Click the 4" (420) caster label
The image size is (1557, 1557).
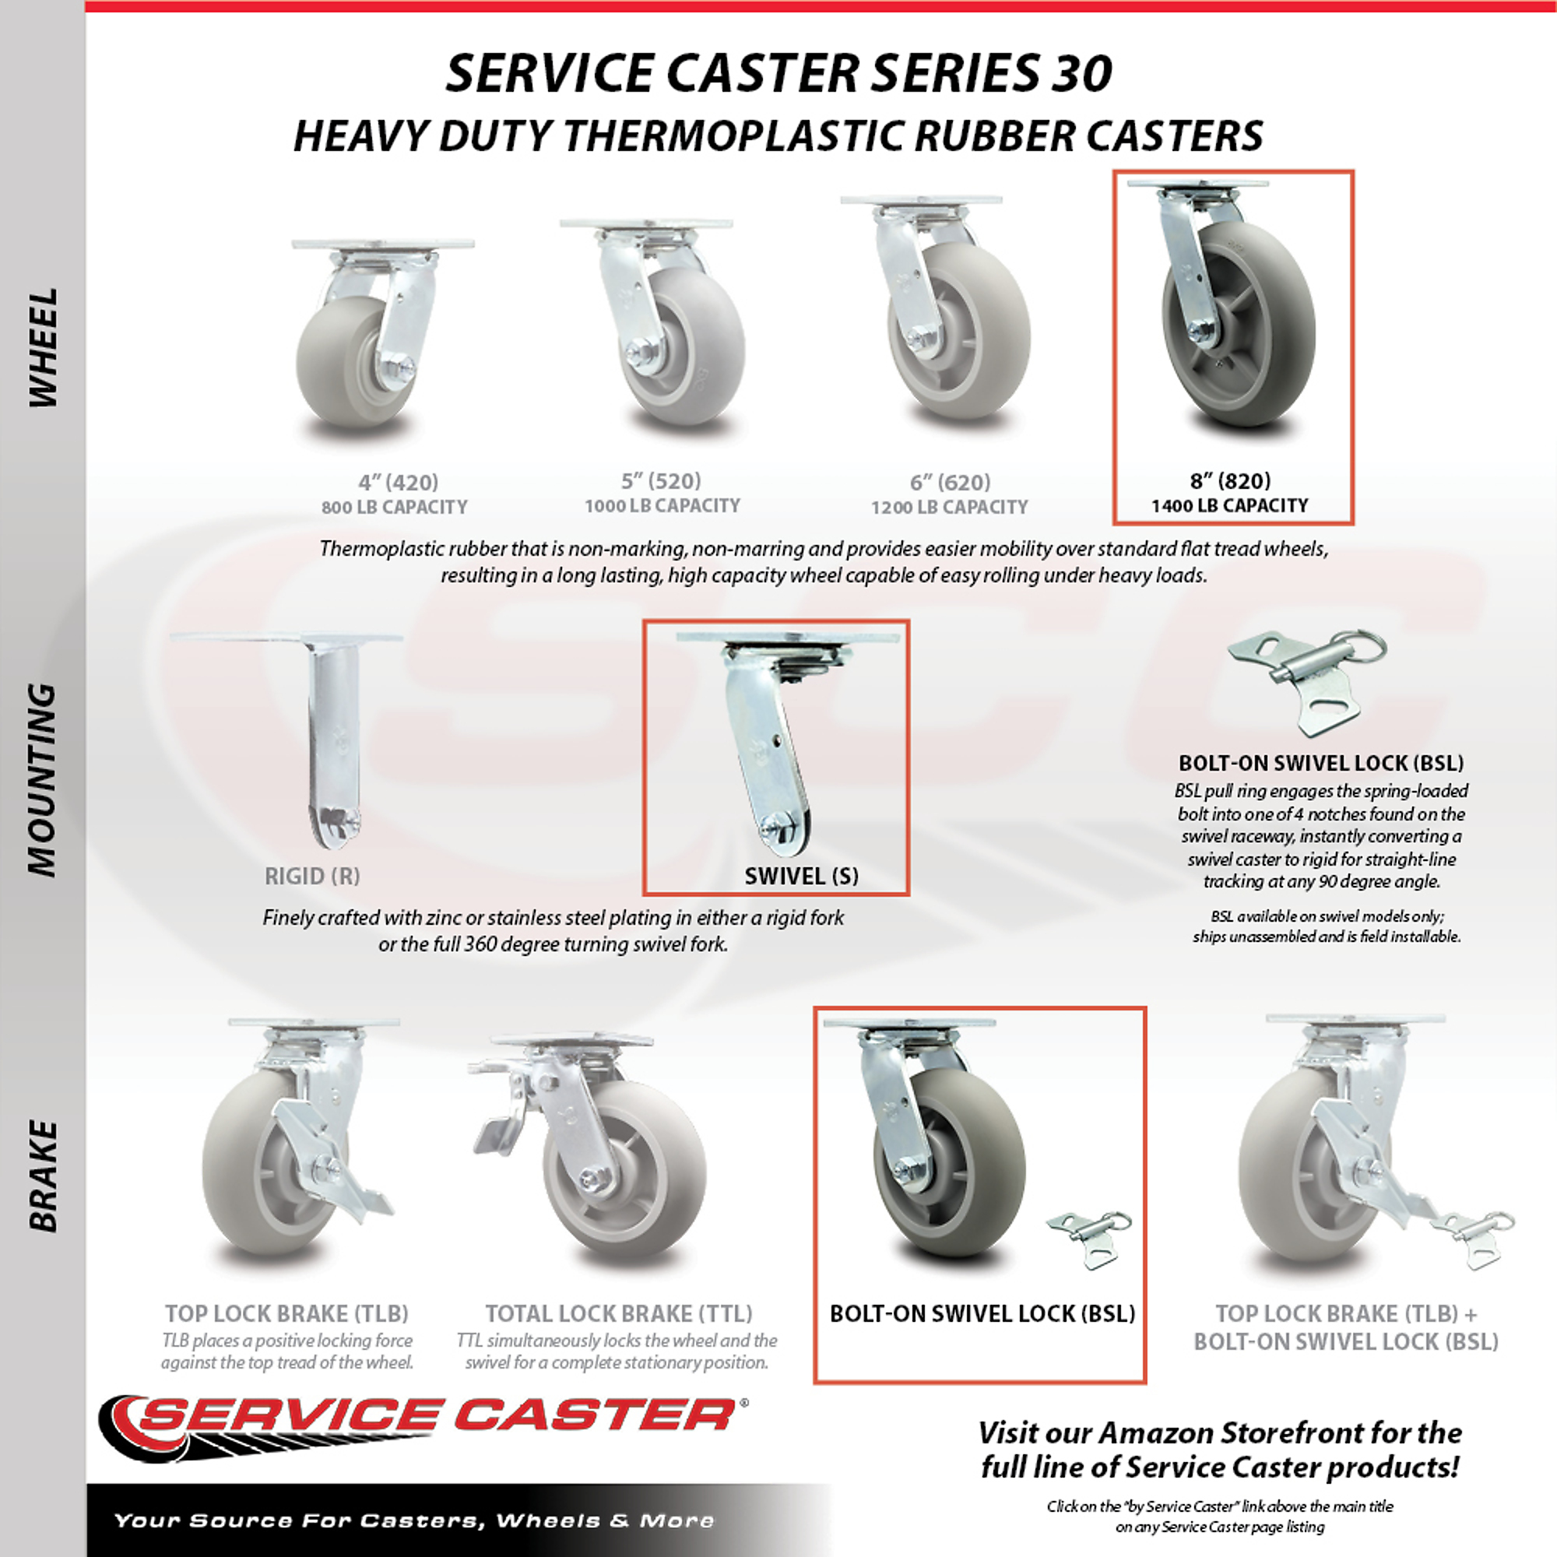click(398, 482)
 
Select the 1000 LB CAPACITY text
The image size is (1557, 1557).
click(662, 505)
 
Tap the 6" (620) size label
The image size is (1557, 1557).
click(950, 482)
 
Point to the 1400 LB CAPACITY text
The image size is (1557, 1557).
click(1230, 505)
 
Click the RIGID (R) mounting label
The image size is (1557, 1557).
click(312, 876)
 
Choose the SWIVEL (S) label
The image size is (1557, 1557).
click(802, 876)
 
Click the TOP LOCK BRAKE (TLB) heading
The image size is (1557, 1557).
click(287, 1313)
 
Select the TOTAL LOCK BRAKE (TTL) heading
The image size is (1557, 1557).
click(618, 1313)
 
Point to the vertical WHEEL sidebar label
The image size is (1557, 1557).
click(44, 347)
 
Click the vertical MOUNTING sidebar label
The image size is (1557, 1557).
click(44, 779)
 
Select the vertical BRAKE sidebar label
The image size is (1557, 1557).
click(44, 1176)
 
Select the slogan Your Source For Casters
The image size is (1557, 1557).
click(413, 1520)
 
